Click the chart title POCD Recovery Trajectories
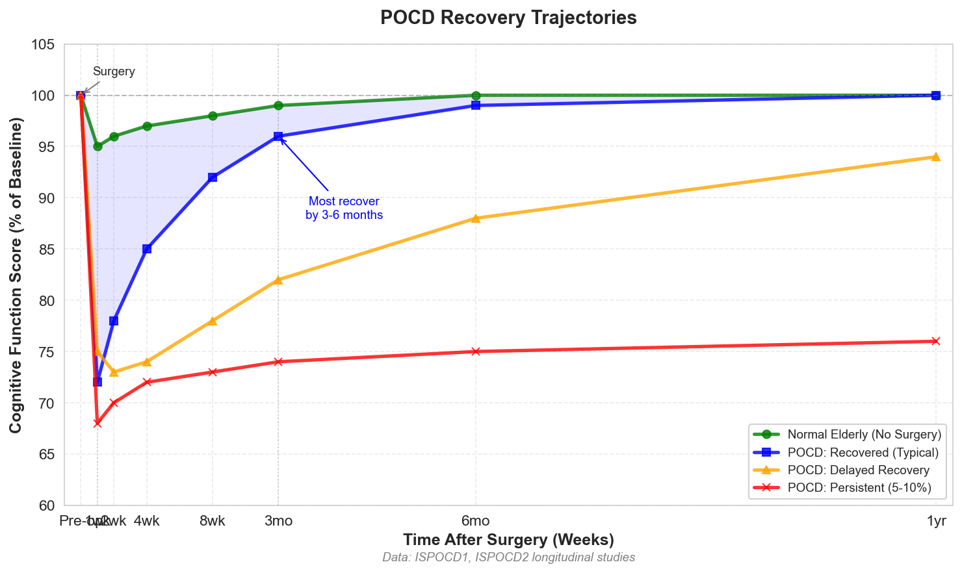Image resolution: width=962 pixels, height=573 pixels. pos(508,18)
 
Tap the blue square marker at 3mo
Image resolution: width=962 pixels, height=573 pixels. pos(278,136)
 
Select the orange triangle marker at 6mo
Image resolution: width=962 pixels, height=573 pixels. pos(475,218)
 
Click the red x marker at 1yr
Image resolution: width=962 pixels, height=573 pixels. pos(935,341)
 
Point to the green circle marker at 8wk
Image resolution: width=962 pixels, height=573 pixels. pos(213,116)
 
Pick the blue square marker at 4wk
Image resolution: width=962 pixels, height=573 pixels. pos(147,249)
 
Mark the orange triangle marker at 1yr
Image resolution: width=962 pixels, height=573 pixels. pos(935,157)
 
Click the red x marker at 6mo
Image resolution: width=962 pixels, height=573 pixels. pos(475,351)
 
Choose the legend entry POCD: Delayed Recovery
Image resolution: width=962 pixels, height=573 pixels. pos(858,470)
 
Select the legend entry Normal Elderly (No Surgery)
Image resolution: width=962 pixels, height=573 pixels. pos(864,434)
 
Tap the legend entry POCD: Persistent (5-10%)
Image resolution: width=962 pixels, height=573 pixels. pos(859,488)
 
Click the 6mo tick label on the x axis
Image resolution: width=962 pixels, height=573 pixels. pos(475,521)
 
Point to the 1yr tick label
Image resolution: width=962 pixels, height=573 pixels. pos(935,521)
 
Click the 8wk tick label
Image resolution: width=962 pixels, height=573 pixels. pos(213,521)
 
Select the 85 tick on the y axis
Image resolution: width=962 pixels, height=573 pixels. pos(48,249)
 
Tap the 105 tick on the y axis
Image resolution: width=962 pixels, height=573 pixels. pos(45,45)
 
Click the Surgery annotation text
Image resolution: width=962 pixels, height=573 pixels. pos(114,71)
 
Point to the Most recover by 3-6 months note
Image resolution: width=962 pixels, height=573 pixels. pos(344,208)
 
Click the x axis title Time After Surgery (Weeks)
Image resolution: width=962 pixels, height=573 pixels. pos(508,540)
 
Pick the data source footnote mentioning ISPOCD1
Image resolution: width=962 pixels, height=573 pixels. pos(508,557)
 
